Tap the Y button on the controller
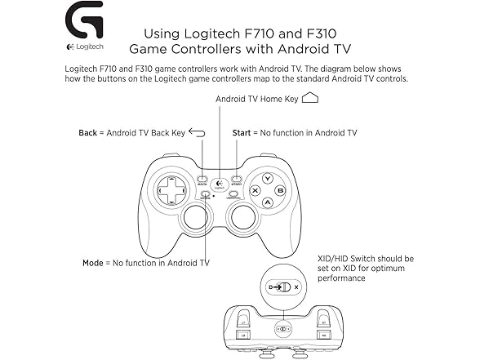point(267,178)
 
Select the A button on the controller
point(267,202)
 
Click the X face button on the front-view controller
point(255,190)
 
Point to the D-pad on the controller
point(171,190)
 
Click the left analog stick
point(194,217)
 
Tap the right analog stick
point(242,217)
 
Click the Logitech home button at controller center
point(219,184)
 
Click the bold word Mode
point(92,263)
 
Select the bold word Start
point(242,132)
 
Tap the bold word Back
point(87,132)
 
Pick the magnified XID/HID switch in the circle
point(282,287)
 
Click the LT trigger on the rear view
point(244,321)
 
